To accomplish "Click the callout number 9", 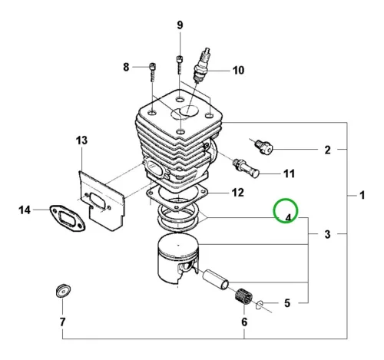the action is (x=180, y=25).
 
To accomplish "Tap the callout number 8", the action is (x=126, y=68).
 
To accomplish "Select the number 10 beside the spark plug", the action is (x=238, y=70).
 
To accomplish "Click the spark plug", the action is (x=203, y=64).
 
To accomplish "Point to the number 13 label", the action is (x=81, y=140).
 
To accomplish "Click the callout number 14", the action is (x=25, y=210).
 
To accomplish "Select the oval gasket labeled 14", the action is (x=67, y=217).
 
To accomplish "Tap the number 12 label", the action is (x=237, y=193).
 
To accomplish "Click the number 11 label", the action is (x=290, y=173).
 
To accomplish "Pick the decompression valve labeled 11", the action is (x=246, y=168).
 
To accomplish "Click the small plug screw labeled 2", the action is (x=264, y=147).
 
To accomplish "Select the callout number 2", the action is (x=327, y=150).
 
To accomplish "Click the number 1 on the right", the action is (x=362, y=196).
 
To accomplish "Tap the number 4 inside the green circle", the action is (x=288, y=218).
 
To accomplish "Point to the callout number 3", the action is (x=327, y=234).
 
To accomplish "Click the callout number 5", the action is (x=287, y=303).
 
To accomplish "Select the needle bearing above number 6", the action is (x=243, y=297).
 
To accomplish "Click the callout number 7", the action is (x=63, y=322).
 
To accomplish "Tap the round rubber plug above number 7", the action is (x=63, y=291).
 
